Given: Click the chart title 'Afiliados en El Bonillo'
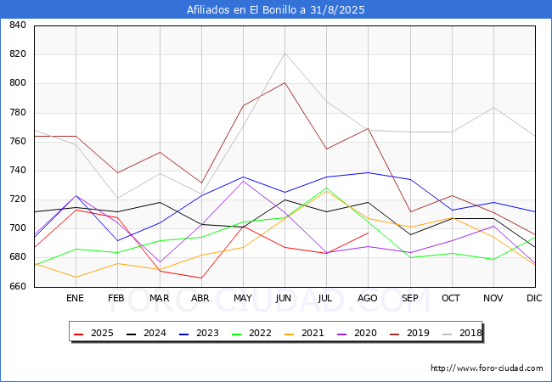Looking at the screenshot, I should pos(275,10).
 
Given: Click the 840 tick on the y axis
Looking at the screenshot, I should pos(17,25).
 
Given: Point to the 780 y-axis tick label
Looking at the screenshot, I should pos(17,113).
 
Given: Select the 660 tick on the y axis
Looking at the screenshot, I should pos(17,287).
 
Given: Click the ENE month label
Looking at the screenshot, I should pos(75,299).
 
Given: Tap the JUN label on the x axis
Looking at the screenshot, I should pos(284,299).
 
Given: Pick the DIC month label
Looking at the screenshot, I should pos(534,299).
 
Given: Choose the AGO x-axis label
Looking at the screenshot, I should pos(367,299).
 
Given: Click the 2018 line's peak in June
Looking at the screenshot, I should pos(284,53).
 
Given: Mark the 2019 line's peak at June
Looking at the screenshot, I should pos(284,82).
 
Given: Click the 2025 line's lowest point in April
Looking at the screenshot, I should pos(200,278).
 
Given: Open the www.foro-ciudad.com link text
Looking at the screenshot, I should pos(487,368).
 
